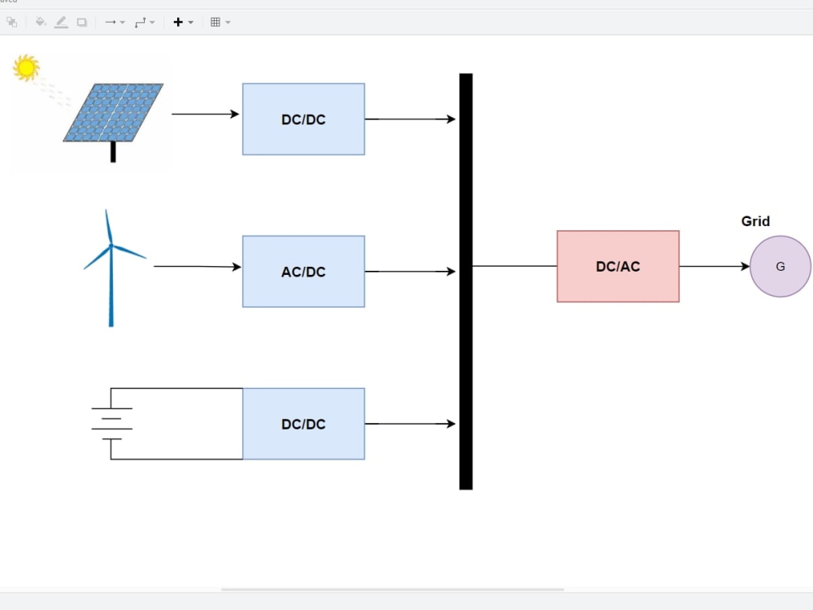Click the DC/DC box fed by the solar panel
(303, 119)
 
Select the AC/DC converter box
(303, 272)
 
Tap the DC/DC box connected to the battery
(303, 424)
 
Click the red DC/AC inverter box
(618, 266)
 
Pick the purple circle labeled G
(780, 266)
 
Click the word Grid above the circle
(755, 221)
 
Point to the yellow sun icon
(27, 68)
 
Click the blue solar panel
(114, 112)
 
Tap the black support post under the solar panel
(113, 152)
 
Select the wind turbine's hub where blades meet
(111, 246)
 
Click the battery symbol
(111, 424)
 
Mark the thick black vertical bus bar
(466, 281)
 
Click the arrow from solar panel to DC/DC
(205, 114)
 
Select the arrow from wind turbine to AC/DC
(197, 266)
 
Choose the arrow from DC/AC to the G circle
(714, 266)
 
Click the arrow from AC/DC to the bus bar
(410, 272)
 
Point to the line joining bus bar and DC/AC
(515, 266)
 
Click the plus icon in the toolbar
(179, 22)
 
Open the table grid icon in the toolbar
(215, 22)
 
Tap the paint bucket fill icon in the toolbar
(40, 22)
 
